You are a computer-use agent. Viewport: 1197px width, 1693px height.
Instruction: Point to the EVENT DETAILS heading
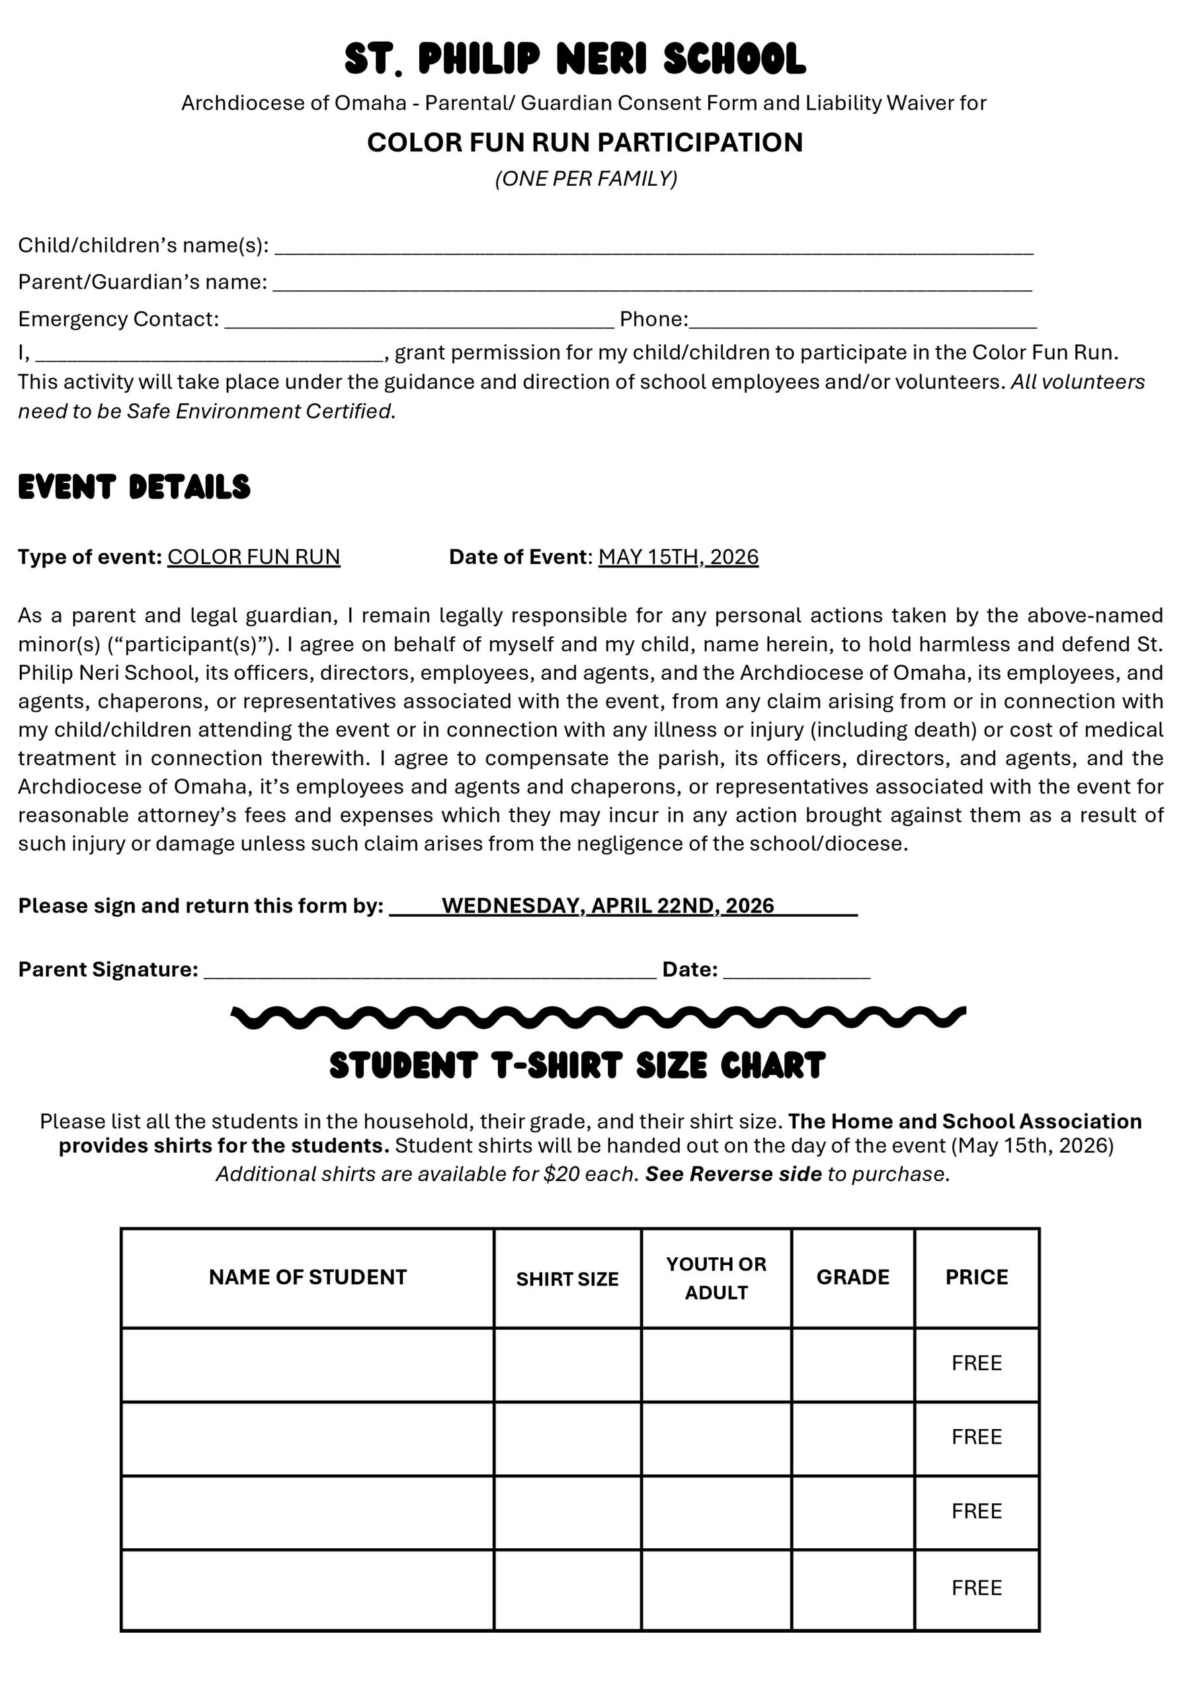click(x=134, y=487)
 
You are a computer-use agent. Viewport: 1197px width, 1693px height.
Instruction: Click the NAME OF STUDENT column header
click(x=308, y=1277)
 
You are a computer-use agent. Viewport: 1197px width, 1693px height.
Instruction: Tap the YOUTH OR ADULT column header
click(x=716, y=1278)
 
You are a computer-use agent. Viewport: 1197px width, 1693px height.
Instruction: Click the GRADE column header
click(x=852, y=1277)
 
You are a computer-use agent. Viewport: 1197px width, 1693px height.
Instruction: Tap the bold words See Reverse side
click(x=733, y=1174)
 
